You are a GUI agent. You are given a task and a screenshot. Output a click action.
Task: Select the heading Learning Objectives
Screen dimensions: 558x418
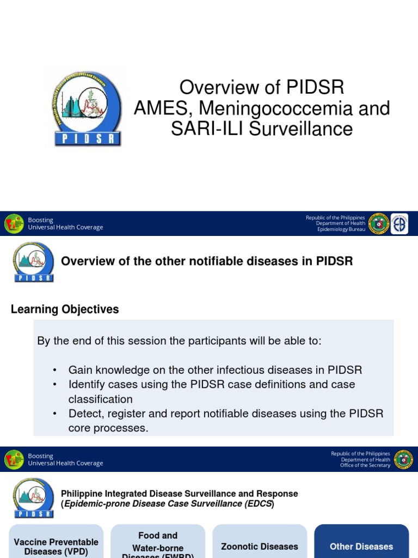point(65,310)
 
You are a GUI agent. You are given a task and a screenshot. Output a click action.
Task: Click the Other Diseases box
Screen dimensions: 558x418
point(361,546)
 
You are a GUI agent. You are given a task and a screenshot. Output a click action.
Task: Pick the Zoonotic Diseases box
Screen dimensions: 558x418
point(260,546)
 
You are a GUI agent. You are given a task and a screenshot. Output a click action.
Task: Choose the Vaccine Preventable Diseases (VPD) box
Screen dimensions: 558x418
point(56,546)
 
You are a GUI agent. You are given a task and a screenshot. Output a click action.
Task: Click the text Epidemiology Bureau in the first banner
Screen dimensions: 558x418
point(341,229)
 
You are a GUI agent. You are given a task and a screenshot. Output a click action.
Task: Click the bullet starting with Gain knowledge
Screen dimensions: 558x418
point(215,370)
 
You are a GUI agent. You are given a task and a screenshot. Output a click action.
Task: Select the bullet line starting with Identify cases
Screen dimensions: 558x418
point(211,384)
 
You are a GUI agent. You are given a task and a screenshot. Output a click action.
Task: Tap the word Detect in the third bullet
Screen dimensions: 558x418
point(84,414)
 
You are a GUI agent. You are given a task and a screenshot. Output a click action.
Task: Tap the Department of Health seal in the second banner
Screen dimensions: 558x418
point(403,459)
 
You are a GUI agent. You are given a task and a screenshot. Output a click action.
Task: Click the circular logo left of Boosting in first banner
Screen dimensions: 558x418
point(14,224)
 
